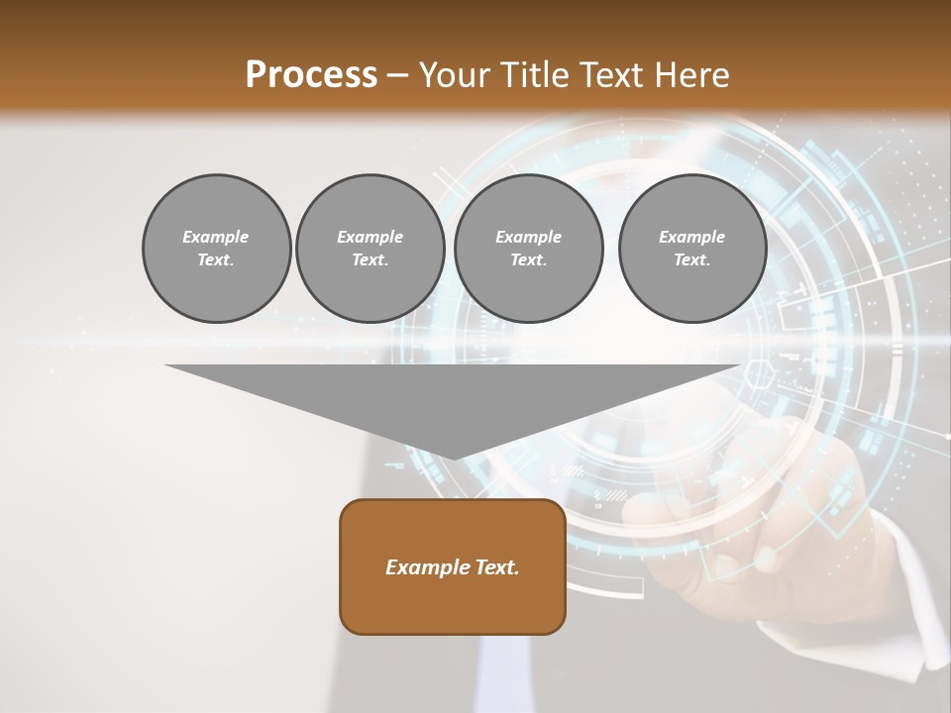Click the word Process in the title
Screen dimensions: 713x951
[311, 75]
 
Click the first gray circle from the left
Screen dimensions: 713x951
[216, 249]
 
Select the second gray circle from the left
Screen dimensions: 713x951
[370, 249]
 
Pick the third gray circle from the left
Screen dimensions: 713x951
[528, 249]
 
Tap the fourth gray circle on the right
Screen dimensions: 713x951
[691, 249]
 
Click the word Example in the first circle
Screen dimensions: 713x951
[216, 237]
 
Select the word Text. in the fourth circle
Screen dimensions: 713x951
[691, 260]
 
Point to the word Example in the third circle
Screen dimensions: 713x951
[528, 237]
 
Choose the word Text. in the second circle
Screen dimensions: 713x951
[370, 260]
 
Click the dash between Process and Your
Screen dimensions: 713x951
[398, 76]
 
